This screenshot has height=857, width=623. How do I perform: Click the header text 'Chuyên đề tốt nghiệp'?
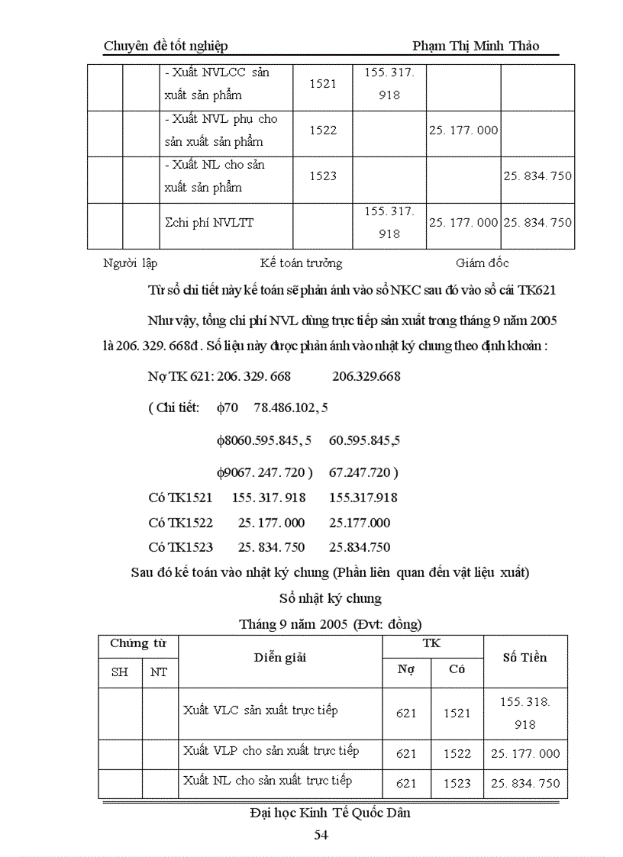(166, 47)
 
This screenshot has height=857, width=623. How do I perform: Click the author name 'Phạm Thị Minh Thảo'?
(476, 46)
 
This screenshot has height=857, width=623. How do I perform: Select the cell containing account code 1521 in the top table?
(323, 84)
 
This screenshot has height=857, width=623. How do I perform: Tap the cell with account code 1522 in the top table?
(323, 130)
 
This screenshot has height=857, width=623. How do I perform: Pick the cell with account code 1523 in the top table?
(323, 176)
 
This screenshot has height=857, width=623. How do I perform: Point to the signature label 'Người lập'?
(130, 263)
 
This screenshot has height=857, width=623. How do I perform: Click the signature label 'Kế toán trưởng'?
(301, 263)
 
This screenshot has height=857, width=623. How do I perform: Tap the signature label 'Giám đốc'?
(483, 263)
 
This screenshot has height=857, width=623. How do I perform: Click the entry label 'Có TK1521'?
(180, 498)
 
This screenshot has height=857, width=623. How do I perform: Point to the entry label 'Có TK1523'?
(180, 546)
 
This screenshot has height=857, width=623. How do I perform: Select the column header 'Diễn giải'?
(279, 658)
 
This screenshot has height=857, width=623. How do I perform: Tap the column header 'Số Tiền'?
(525, 657)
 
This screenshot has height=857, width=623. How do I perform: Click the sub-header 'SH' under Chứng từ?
(120, 672)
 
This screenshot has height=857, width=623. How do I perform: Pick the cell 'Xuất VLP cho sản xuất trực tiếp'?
(271, 751)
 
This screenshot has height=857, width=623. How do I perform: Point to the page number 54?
(321, 835)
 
